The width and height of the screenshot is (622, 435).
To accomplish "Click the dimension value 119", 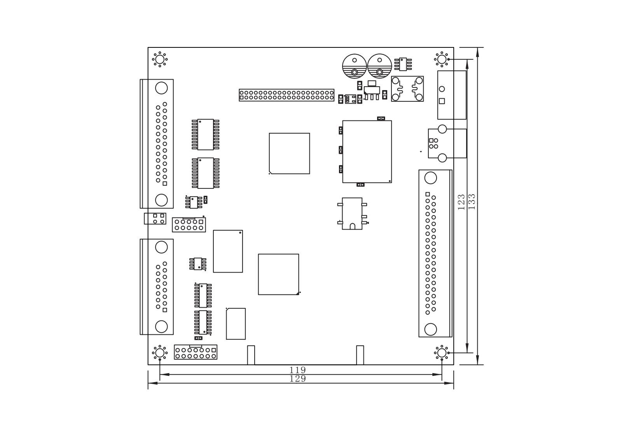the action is click(x=297, y=370).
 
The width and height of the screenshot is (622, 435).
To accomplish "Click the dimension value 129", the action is click(x=297, y=379).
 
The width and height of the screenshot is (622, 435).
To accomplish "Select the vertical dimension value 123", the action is click(x=461, y=202).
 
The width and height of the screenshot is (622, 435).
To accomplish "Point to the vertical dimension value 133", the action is click(x=472, y=202).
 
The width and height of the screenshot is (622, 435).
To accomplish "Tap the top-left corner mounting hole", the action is click(x=160, y=59).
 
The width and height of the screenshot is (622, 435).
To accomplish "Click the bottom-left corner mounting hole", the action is click(x=160, y=353).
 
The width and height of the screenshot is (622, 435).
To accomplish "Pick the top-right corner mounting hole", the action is click(x=442, y=59).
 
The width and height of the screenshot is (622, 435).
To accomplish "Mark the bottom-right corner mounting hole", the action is click(x=442, y=353).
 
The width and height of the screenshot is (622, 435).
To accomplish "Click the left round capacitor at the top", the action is click(x=354, y=66).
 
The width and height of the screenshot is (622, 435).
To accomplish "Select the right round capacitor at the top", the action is click(x=379, y=66).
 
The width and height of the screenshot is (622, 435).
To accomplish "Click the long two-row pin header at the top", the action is click(x=287, y=95).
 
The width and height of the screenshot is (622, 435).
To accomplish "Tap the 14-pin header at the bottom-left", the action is click(x=196, y=352).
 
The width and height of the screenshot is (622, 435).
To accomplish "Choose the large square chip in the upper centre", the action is click(x=289, y=154).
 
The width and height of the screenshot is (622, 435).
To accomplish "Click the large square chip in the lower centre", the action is click(x=278, y=274).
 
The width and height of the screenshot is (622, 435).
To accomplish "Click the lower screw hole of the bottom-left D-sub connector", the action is click(x=161, y=327).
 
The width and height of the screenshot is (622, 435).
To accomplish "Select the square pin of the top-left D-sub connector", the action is click(x=165, y=184).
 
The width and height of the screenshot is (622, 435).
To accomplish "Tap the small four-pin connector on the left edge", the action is click(x=155, y=219).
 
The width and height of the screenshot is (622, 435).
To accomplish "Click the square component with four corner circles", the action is click(x=407, y=89).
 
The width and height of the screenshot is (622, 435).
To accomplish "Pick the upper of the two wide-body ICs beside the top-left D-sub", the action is click(x=206, y=134).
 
